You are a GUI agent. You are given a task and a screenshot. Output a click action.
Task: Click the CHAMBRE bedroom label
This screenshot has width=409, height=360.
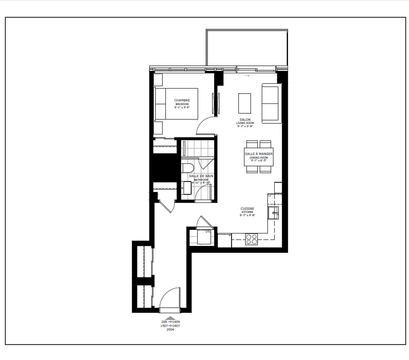pos(182,100)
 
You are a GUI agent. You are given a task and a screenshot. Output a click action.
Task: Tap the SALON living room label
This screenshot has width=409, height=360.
pos(245,119)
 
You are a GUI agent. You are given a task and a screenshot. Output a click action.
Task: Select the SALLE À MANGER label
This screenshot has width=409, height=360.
pos(259,154)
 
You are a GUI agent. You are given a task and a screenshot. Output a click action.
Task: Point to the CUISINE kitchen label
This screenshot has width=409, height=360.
pos(247,209)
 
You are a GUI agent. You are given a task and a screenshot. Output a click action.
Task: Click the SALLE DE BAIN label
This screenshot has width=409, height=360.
pos(201,176)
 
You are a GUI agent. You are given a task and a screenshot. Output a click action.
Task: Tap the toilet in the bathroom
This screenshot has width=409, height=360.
pos(187,169)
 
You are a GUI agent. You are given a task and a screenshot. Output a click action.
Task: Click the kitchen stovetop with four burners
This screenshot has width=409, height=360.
pos(251,239)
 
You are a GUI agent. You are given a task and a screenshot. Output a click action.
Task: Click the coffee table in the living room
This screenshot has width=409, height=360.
pos(245,103)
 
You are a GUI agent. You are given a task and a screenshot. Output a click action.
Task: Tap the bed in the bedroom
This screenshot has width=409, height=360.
pos(176,104)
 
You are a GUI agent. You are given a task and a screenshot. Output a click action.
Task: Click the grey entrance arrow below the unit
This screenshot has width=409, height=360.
pos(171,318)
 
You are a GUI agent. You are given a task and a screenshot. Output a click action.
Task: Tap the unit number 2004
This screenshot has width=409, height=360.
pos(170,330)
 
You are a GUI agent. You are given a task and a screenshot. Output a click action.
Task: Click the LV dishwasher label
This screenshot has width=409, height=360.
pos(270,196)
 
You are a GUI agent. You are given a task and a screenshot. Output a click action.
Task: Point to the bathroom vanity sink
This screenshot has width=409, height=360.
pos(186,188)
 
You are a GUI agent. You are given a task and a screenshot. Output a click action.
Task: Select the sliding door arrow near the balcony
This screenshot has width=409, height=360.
pos(247,76)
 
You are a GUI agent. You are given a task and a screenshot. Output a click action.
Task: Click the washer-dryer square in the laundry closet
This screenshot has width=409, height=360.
pos(204,237)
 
